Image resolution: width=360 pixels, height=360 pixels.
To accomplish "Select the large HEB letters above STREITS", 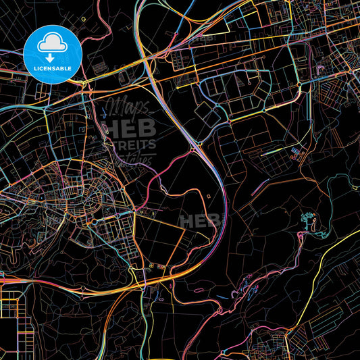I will click(x=131, y=128).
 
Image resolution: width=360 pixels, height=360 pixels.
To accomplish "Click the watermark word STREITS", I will click(x=131, y=144).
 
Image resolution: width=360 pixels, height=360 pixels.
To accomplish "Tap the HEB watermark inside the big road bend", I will click(x=201, y=220).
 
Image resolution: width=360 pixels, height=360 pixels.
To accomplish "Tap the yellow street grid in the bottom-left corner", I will click(x=17, y=324).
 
